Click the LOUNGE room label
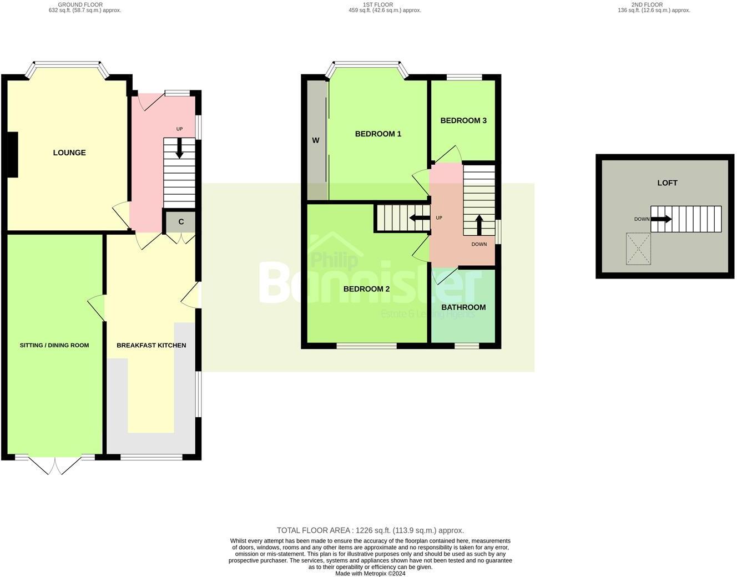point(69,153)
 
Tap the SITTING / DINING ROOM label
point(54,345)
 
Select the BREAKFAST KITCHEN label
point(151,345)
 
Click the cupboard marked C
point(181,222)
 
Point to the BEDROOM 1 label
point(378,134)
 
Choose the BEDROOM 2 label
point(366,288)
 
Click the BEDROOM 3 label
point(463,120)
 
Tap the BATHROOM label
point(463,307)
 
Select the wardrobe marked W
point(316,140)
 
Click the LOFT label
point(667,183)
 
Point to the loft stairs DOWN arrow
point(661,219)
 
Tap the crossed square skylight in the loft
point(638,249)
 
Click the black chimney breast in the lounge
point(12,155)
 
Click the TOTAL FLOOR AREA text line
point(370,530)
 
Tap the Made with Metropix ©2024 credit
point(370,574)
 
